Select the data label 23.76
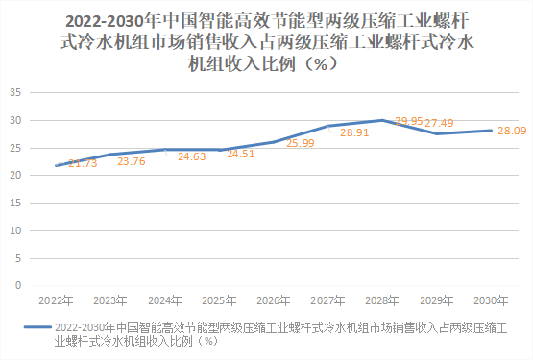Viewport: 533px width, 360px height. click(x=132, y=161)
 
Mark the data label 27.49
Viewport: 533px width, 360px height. click(x=440, y=123)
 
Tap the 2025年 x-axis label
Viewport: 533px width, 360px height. click(x=220, y=299)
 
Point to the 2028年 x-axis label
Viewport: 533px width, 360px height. click(x=383, y=299)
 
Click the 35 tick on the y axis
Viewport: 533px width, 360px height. click(x=15, y=93)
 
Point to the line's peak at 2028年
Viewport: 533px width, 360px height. click(x=383, y=120)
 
